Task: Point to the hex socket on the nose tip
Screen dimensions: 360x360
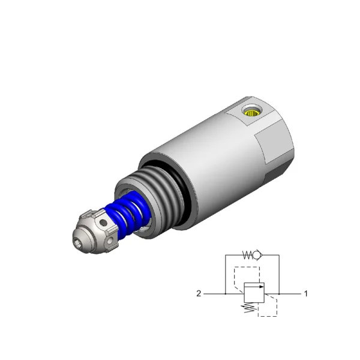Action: tap(77, 244)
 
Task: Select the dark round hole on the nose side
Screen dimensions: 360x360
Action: tap(103, 222)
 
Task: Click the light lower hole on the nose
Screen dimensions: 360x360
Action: tap(111, 240)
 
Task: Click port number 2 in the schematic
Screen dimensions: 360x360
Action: tap(199, 293)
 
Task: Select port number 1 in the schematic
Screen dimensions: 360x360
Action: tap(305, 293)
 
